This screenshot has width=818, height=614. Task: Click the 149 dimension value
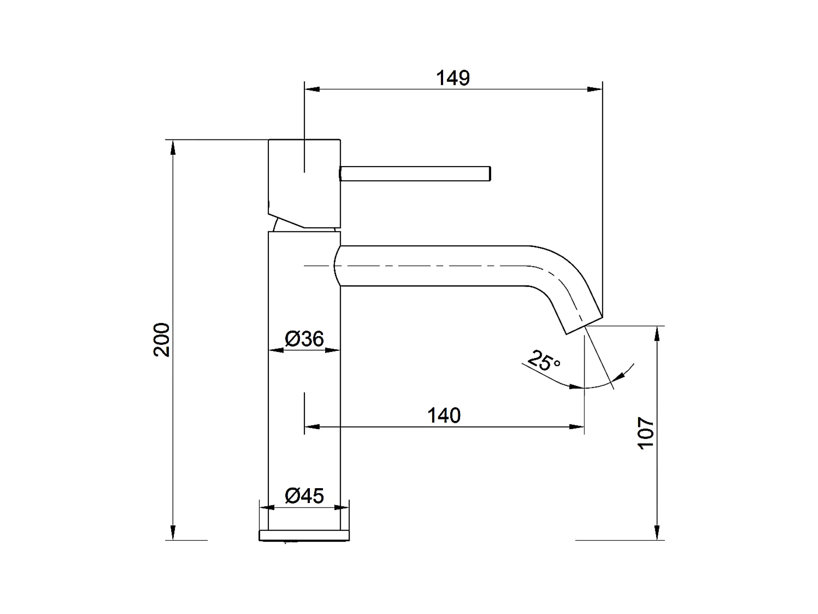click(x=453, y=78)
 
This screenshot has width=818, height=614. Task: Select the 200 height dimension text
click(x=162, y=340)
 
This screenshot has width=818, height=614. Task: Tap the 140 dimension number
click(x=443, y=416)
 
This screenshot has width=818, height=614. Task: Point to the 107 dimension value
click(x=646, y=433)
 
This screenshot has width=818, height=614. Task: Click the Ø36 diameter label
click(x=304, y=339)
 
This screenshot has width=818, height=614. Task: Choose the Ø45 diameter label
click(x=304, y=496)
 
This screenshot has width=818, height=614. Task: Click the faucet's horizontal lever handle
click(x=415, y=173)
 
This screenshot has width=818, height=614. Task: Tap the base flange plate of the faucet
click(x=304, y=536)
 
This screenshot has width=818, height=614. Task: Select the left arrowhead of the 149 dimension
click(x=312, y=90)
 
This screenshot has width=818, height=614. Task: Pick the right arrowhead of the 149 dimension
click(x=595, y=90)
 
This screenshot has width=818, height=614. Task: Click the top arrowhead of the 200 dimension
click(x=173, y=147)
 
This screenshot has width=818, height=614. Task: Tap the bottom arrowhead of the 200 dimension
click(x=173, y=533)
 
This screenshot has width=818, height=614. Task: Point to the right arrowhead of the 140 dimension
click(x=577, y=427)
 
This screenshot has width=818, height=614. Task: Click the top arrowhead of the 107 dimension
click(x=657, y=334)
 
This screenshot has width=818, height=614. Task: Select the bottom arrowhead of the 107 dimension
click(x=657, y=533)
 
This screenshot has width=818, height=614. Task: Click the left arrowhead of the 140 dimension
click(x=312, y=427)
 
